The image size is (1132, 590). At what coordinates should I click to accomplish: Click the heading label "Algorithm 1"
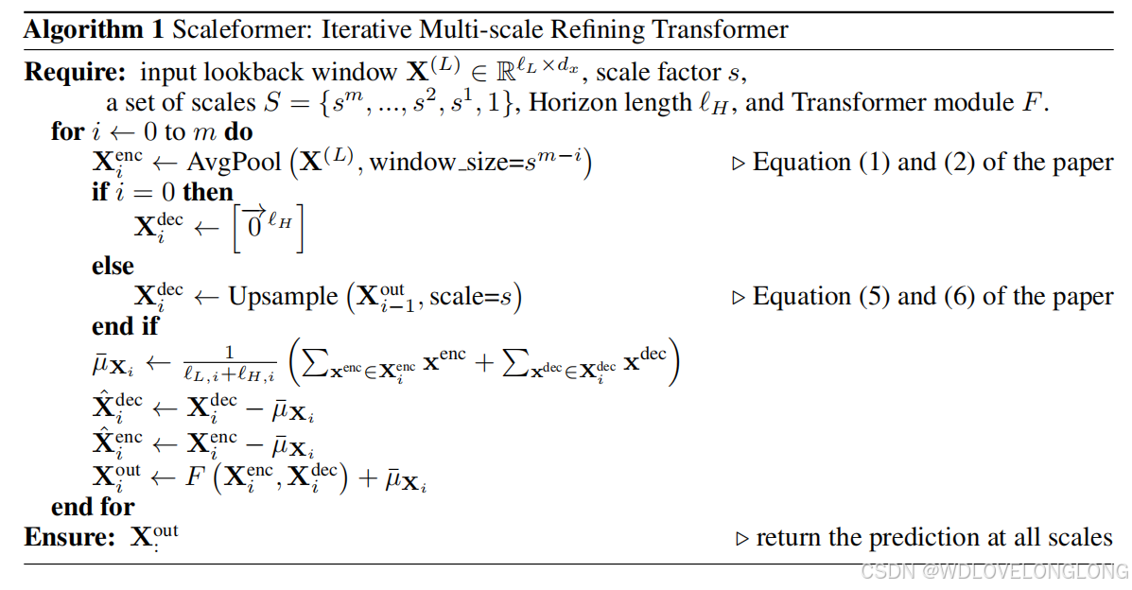pos(94,29)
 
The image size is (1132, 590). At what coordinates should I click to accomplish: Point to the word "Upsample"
pos(282,297)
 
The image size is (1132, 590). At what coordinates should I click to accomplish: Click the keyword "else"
pos(113,266)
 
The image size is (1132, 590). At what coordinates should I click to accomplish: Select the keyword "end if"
pos(125,327)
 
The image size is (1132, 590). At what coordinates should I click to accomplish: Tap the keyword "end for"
pos(93,507)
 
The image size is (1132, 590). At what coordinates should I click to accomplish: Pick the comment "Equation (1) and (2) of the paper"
pos(932,163)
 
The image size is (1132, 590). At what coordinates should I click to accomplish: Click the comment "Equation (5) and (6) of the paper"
pos(932,297)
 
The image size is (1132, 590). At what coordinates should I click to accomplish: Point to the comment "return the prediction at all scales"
pos(934,538)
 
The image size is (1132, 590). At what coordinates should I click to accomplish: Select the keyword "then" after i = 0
pos(208,193)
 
